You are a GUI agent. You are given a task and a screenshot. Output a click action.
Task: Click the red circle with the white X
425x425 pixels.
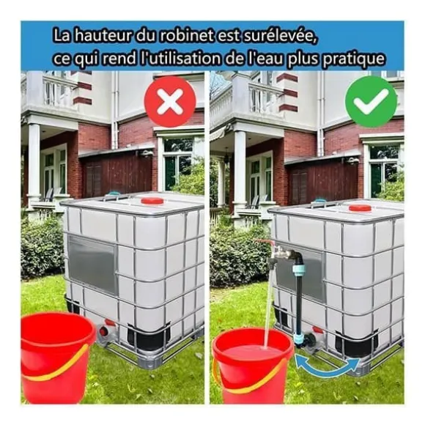pyautogui.click(x=170, y=101)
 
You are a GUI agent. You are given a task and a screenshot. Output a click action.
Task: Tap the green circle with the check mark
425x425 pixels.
pyautogui.click(x=371, y=101)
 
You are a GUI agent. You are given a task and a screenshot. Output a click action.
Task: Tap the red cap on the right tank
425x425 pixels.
pyautogui.click(x=360, y=208)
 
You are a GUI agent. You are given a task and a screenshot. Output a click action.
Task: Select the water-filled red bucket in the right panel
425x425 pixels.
pyautogui.click(x=252, y=366)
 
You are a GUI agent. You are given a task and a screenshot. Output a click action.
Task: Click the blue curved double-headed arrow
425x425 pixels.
pyautogui.click(x=328, y=366)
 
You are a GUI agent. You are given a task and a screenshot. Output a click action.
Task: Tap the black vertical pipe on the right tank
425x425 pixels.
pyautogui.click(x=299, y=295)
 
